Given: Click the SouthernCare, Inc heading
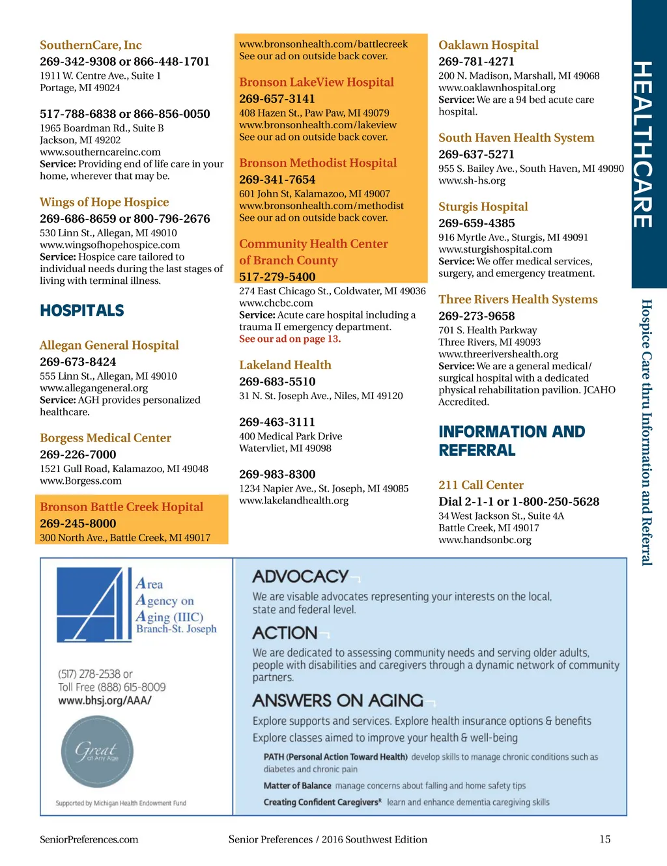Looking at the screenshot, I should click(x=91, y=45).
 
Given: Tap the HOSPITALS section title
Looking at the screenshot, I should click(x=82, y=311).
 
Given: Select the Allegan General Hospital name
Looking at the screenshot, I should click(x=109, y=345).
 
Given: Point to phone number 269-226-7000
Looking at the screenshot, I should click(x=78, y=454).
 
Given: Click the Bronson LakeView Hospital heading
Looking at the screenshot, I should click(x=316, y=82).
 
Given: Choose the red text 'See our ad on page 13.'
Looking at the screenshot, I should click(x=289, y=339).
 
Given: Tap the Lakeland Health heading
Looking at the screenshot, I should click(x=285, y=365).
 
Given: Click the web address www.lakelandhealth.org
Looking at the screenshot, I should click(x=293, y=500).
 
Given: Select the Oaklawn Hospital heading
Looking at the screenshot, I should click(x=488, y=45).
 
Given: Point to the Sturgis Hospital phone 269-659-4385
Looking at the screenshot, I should click(x=476, y=223).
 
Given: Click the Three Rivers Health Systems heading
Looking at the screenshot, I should click(x=518, y=299).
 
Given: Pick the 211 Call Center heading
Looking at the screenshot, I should click(x=481, y=484).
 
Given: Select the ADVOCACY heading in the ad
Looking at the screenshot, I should click(x=300, y=576).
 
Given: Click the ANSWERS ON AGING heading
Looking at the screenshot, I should click(x=337, y=701).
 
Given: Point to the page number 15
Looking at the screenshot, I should click(x=604, y=839).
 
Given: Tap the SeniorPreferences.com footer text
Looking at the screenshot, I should click(x=89, y=839).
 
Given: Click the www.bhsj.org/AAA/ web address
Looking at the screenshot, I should click(x=105, y=701).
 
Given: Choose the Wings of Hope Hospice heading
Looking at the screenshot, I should click(x=104, y=202).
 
